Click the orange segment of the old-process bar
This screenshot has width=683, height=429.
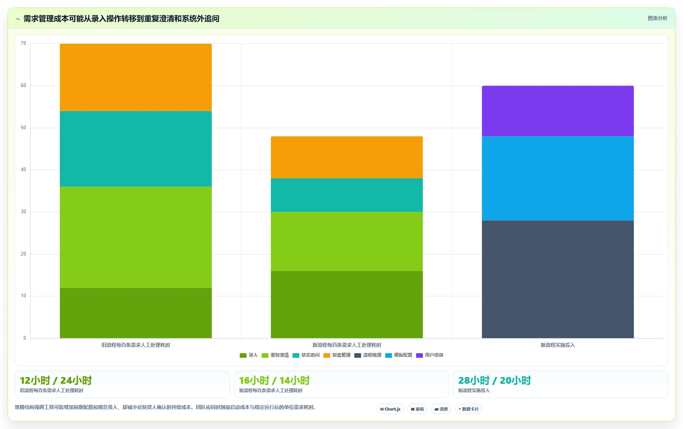tap(136, 77)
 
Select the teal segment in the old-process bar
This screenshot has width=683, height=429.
tap(136, 149)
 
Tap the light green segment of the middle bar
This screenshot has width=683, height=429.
tap(347, 241)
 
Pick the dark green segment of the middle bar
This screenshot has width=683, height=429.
tap(347, 305)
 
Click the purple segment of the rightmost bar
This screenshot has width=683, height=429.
tap(558, 111)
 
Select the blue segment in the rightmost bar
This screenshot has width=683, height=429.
tap(558, 178)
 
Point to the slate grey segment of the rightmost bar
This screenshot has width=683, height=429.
tap(558, 279)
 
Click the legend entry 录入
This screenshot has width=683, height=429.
tap(249, 355)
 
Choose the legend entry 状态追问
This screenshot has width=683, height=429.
tap(306, 355)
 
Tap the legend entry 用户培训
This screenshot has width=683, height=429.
tap(429, 355)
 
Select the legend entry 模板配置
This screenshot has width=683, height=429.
tap(399, 355)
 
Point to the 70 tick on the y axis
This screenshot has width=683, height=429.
tap(23, 43)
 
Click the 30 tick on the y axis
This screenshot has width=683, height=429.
tap(23, 212)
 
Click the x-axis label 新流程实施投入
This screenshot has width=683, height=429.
tap(558, 345)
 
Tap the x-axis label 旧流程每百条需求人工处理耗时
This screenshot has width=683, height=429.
tap(136, 345)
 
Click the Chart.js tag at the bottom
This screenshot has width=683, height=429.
tap(390, 409)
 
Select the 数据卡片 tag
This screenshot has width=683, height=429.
tap(469, 409)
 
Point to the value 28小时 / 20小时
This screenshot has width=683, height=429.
tap(494, 380)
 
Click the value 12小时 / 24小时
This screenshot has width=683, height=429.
tap(56, 380)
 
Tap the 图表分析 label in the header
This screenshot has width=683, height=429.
tap(657, 18)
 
